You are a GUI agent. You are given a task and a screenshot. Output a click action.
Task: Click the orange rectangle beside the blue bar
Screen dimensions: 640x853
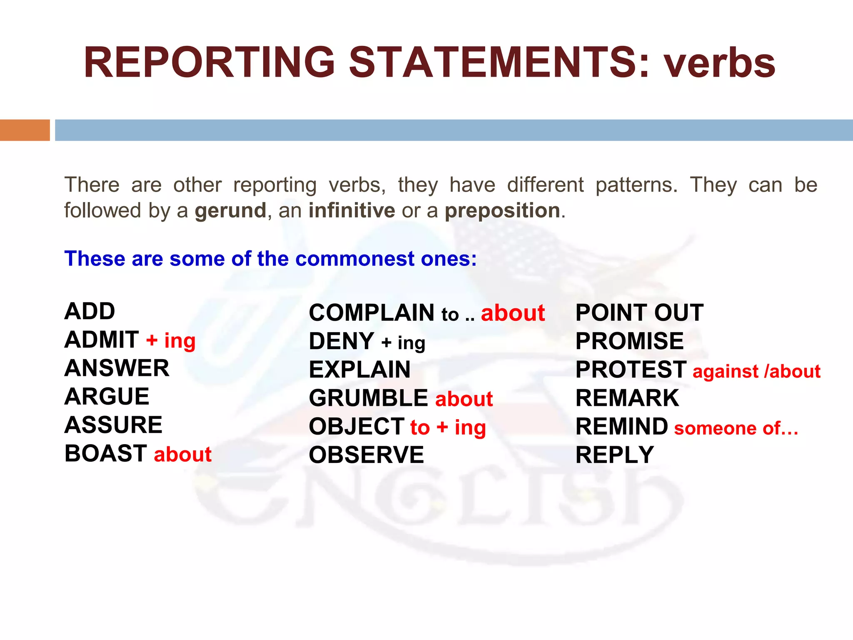[25, 130]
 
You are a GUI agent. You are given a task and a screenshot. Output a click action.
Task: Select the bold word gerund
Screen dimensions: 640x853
[230, 211]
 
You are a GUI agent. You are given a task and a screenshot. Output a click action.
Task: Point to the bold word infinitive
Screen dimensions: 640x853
[352, 210]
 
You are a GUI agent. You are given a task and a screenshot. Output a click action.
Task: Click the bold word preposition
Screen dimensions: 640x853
[502, 211]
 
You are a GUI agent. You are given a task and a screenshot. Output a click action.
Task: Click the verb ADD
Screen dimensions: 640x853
[90, 311]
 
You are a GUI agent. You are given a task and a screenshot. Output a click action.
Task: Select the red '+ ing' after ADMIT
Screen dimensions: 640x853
[171, 340]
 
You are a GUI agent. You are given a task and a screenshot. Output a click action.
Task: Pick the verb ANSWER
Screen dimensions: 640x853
[117, 368]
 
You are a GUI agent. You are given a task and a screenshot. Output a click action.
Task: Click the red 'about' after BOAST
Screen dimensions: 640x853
[183, 454]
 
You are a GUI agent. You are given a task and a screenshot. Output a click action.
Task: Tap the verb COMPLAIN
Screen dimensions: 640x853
[372, 313]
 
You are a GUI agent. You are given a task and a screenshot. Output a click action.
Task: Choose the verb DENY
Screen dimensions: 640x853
[342, 341]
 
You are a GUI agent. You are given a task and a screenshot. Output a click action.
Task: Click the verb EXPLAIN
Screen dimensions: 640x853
[360, 370]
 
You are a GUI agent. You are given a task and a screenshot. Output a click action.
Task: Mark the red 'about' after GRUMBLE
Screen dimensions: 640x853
[464, 399]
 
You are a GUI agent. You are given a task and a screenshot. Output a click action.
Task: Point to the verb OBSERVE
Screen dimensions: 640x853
[367, 455]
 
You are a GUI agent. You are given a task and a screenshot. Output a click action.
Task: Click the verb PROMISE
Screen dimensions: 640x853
[629, 341]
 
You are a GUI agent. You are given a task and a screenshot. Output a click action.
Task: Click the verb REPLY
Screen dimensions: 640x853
[615, 455]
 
